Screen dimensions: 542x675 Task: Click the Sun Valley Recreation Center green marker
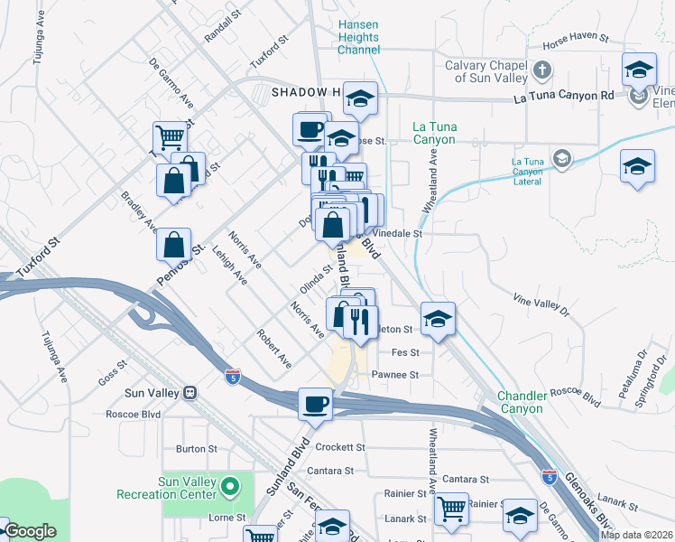pyautogui.click(x=230, y=487)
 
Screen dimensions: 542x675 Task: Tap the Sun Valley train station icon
pyautogui.click(x=190, y=393)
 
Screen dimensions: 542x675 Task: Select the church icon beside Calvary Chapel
pyautogui.click(x=542, y=70)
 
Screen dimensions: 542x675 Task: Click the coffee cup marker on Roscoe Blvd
pyautogui.click(x=316, y=403)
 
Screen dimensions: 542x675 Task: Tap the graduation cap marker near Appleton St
pyautogui.click(x=438, y=319)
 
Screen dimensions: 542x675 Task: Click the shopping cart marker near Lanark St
pyautogui.click(x=451, y=507)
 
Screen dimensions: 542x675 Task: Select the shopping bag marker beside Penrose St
pyautogui.click(x=173, y=244)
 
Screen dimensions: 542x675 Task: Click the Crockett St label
pyautogui.click(x=340, y=447)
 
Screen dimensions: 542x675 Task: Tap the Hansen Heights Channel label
pyautogui.click(x=358, y=38)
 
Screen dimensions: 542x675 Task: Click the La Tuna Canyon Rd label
pyautogui.click(x=563, y=96)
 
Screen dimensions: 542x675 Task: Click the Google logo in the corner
pyautogui.click(x=30, y=531)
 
